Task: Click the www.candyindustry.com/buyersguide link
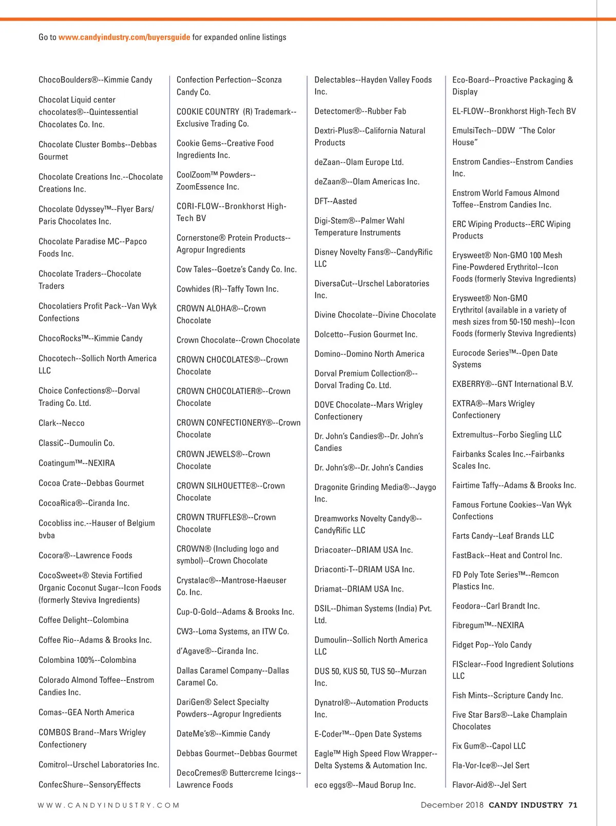click(124, 37)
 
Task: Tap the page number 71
click(572, 805)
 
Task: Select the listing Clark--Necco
click(62, 423)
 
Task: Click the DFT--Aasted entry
click(336, 201)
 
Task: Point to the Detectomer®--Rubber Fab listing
click(360, 111)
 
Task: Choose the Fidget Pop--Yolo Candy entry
click(492, 645)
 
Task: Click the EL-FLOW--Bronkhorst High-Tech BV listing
click(514, 111)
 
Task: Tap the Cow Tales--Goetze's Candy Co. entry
click(237, 269)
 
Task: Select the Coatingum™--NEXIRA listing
click(76, 463)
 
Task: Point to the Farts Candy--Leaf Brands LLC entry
click(503, 536)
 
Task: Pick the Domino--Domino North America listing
click(370, 354)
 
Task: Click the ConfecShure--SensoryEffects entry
click(89, 785)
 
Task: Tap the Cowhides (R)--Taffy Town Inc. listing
click(227, 289)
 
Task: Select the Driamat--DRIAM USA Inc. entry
click(359, 589)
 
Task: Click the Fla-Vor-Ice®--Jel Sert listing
click(491, 765)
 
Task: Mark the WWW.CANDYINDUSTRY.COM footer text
click(109, 805)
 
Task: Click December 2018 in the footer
click(452, 805)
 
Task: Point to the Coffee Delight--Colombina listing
click(84, 620)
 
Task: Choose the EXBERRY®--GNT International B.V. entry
click(512, 384)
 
